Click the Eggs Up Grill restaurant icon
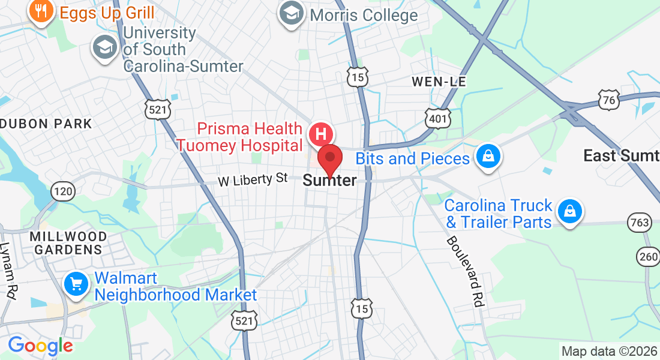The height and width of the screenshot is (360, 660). pos(41,11)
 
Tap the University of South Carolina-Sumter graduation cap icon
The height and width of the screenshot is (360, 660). pos(104,48)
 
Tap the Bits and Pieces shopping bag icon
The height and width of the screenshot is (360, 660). pos(488,157)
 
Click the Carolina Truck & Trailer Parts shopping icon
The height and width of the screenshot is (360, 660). pos(568,212)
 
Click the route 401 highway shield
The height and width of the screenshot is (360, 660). pos(437,118)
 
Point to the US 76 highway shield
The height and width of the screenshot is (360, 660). pos(610,100)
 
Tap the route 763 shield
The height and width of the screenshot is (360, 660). pos(640,223)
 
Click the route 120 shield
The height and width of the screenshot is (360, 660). pos(64,191)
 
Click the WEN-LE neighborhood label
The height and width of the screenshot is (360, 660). pos(439,81)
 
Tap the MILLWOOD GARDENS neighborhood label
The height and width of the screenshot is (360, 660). pos(68,243)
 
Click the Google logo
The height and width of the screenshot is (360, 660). pos(40,345)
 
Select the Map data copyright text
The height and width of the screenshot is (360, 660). pos(609,351)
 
